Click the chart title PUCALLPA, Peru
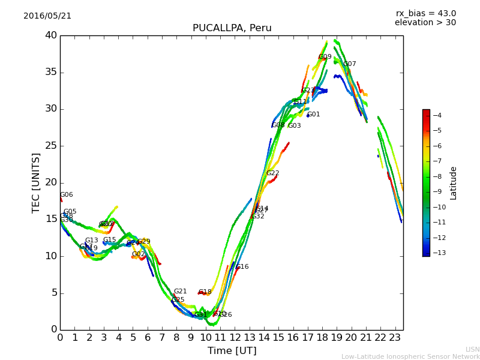click(x=232, y=28)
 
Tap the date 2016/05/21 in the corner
click(x=47, y=16)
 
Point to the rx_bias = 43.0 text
click(x=425, y=13)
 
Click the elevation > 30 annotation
click(x=425, y=23)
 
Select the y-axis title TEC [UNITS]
click(x=36, y=182)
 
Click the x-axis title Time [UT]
click(x=232, y=351)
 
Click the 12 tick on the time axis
click(x=235, y=338)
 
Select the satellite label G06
click(x=67, y=195)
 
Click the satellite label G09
click(x=325, y=57)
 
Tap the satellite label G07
click(x=350, y=64)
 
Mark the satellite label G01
click(x=314, y=115)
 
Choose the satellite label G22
click(x=273, y=173)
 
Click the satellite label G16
click(x=242, y=267)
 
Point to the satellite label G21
click(x=181, y=292)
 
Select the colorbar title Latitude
click(x=454, y=182)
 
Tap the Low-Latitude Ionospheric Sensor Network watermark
click(x=410, y=357)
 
